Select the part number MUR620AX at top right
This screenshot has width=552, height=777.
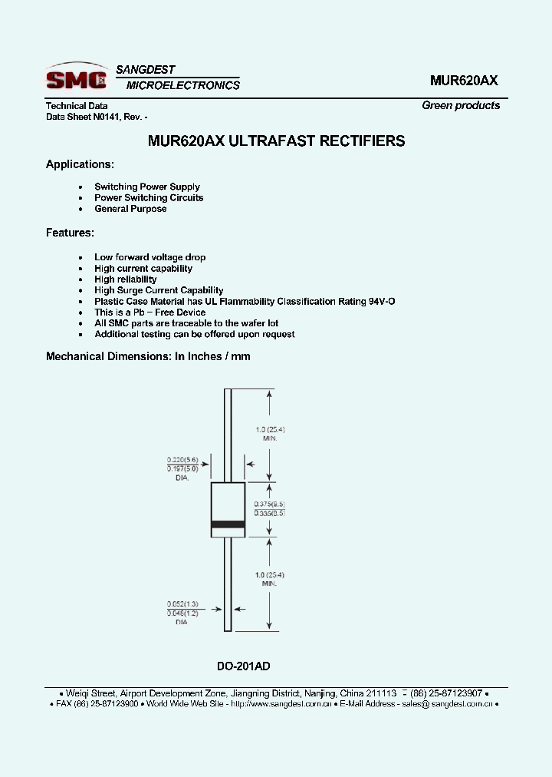464,80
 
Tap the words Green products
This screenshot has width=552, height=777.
461,105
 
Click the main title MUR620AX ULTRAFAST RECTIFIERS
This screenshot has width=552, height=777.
276,141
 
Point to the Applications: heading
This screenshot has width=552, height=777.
80,164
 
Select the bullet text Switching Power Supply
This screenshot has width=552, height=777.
147,187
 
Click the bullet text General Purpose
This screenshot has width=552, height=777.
130,209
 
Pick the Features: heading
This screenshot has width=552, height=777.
70,232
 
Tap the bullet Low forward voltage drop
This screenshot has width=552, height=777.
149,257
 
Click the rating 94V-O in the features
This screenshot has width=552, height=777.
378,302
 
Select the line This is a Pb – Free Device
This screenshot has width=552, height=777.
149,312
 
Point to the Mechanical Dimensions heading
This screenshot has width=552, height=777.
148,356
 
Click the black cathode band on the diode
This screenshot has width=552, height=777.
228,524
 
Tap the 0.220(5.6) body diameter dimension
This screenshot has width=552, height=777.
182,459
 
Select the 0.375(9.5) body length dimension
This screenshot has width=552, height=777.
270,504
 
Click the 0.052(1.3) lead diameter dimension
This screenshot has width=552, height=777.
182,604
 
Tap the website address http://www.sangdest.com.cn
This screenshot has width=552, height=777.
281,703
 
